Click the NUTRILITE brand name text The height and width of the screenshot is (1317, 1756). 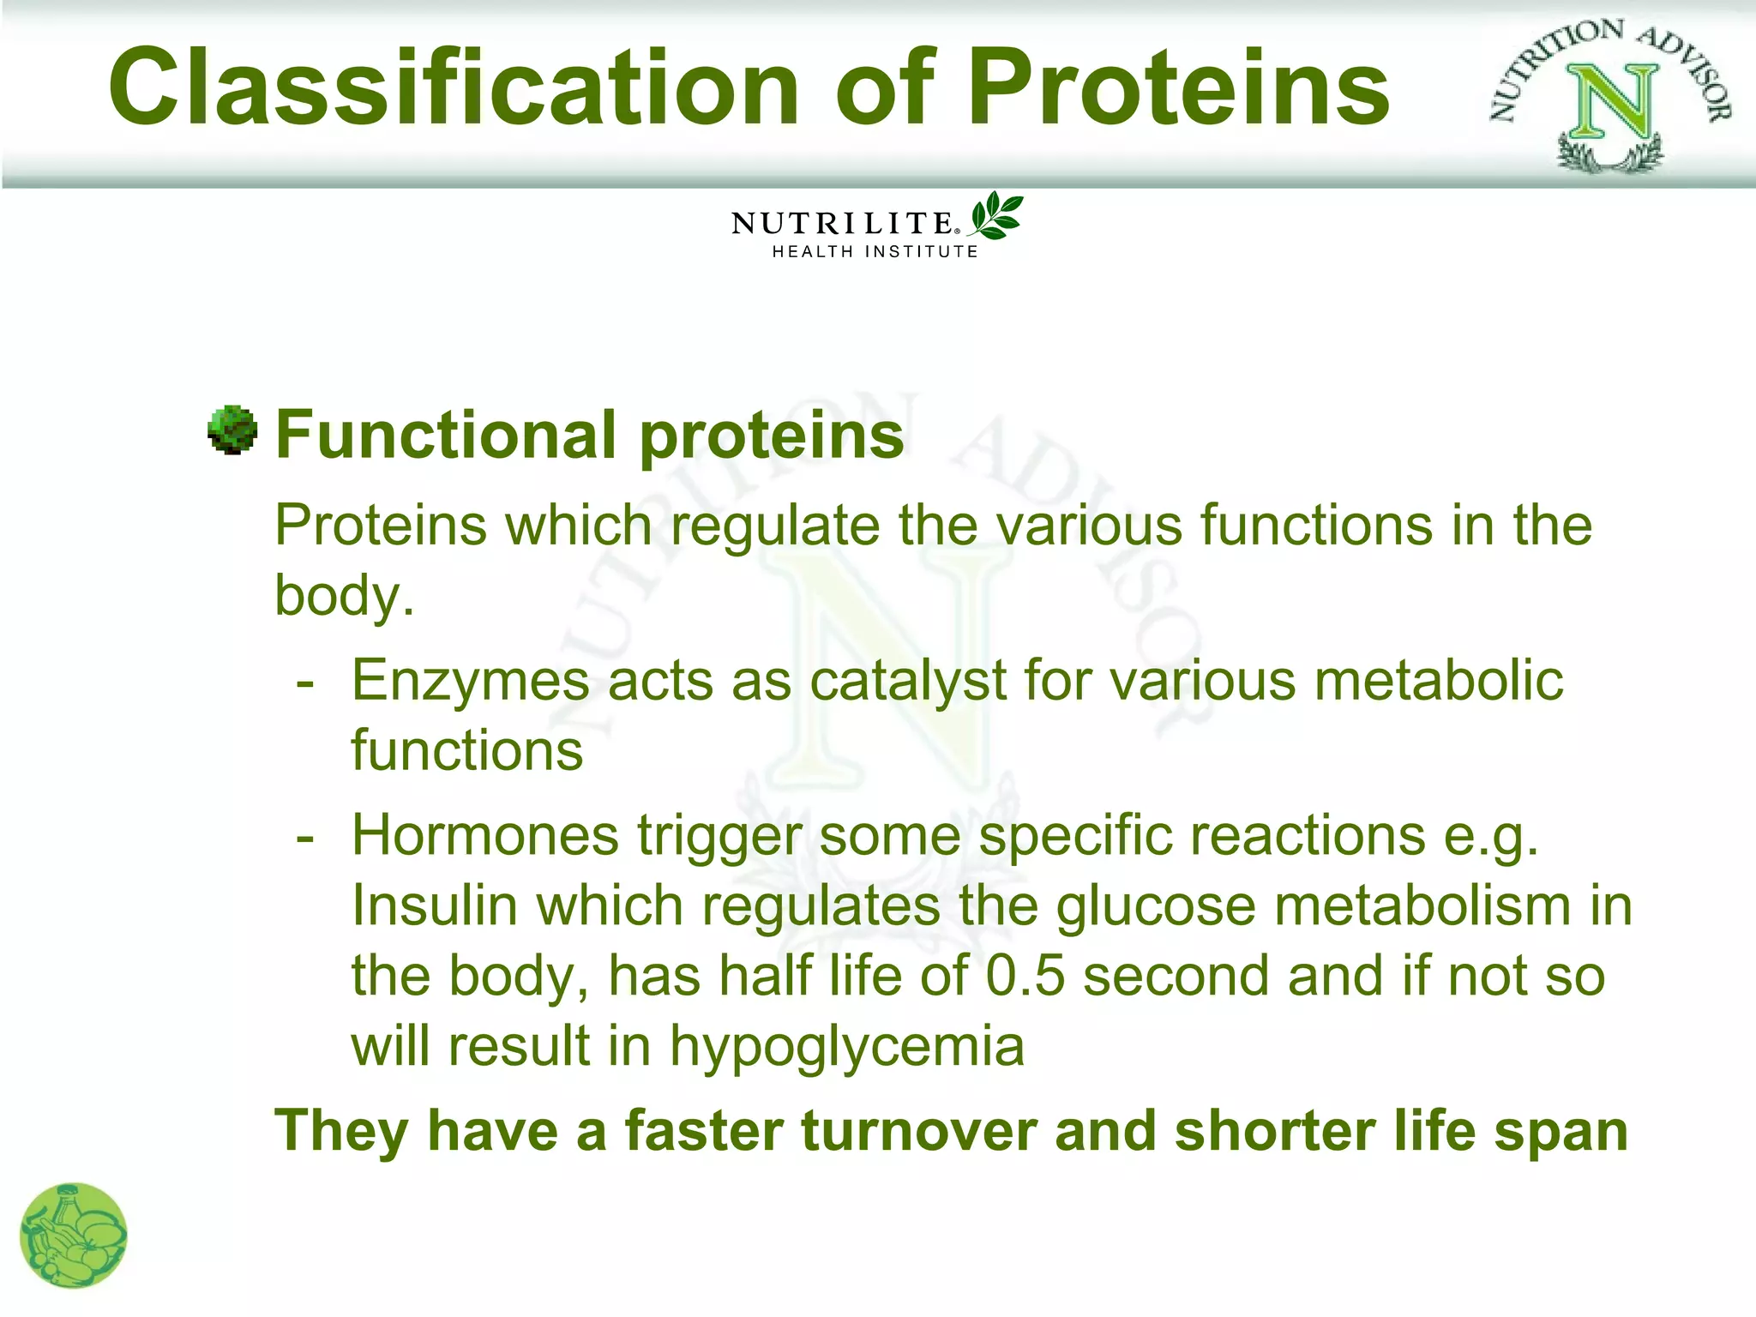click(841, 224)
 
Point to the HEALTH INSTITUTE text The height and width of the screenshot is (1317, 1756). click(875, 252)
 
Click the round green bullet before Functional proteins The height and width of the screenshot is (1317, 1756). click(232, 430)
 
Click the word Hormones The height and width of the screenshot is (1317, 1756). click(485, 836)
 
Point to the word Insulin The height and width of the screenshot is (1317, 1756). click(434, 906)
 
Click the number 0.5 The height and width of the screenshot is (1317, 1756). click(1025, 977)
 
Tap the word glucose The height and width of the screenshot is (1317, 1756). click(1155, 906)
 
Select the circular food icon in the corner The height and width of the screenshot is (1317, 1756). click(74, 1236)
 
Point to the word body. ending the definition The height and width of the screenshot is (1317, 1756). click(344, 596)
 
